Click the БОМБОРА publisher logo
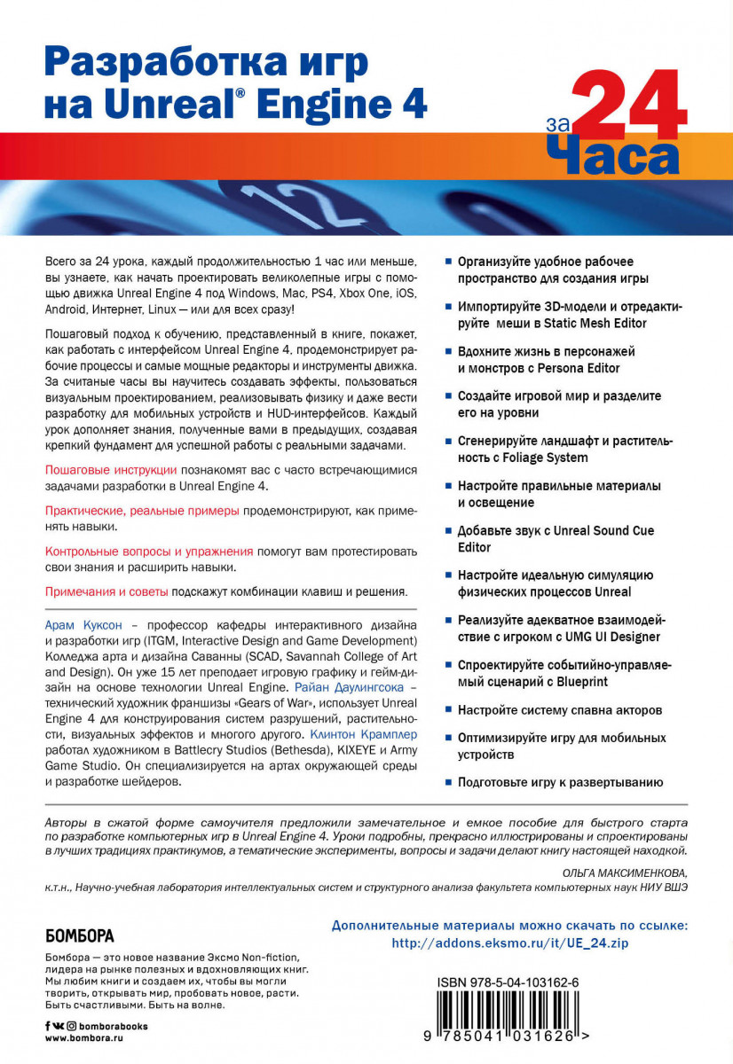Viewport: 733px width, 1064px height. [79, 935]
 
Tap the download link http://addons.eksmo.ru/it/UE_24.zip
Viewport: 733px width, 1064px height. [509, 943]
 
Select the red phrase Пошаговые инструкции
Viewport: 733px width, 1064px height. [111, 469]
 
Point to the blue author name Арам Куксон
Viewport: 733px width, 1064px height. [83, 625]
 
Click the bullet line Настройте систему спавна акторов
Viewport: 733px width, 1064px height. [560, 710]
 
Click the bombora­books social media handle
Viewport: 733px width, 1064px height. [107, 1026]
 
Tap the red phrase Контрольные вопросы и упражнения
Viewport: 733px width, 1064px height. [149, 551]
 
